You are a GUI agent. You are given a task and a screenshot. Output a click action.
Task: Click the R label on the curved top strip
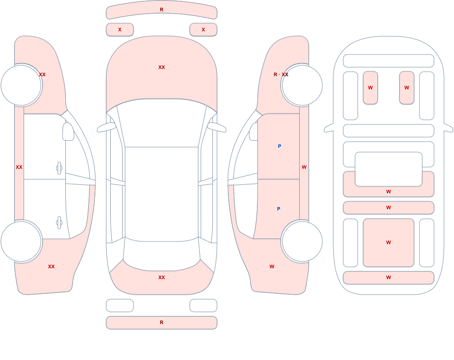coord(162,10)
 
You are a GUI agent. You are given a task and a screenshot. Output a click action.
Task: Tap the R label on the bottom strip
coord(162,322)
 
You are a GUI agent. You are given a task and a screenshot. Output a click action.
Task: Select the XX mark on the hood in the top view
coord(162,67)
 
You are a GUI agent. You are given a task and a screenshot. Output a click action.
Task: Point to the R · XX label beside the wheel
coord(281,74)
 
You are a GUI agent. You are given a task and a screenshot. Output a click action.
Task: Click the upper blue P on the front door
coord(279,146)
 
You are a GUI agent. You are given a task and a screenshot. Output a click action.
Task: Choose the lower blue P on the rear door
coord(279,209)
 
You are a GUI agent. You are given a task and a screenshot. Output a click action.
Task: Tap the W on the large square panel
coord(389,242)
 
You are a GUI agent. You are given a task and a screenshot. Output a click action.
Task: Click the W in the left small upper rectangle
coord(370,88)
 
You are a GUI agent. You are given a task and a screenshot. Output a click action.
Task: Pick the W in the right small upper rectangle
coord(407,88)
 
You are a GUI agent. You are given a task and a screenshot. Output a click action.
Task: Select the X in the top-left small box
coord(120,30)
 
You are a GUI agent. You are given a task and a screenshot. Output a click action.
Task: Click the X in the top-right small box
coord(203,30)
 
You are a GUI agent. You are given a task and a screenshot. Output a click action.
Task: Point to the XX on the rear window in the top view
coord(162,277)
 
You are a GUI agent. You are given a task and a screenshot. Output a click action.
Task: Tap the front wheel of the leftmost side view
coord(21,85)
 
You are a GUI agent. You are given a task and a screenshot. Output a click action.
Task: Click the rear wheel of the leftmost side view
coord(21,241)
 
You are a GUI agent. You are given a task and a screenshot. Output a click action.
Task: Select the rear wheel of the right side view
coord(302,241)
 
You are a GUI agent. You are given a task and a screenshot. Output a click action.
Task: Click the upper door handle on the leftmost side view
coord(59,168)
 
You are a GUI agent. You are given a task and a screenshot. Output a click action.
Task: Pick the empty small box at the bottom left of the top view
coord(120,306)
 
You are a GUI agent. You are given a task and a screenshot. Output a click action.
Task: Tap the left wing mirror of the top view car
coord(106,128)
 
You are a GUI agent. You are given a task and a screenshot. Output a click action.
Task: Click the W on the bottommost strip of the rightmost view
coord(389,277)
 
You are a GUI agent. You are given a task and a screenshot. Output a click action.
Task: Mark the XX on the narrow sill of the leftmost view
coord(19,167)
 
